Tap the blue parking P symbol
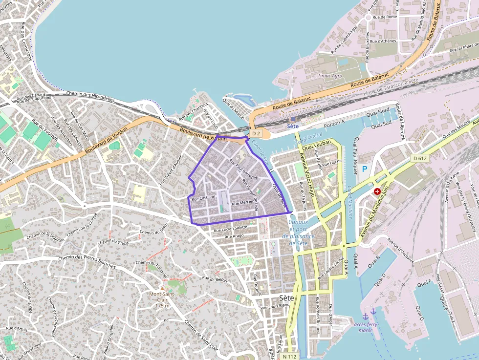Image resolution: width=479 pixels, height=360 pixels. (x=364, y=169)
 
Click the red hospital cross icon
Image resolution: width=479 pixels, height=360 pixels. (x=377, y=191)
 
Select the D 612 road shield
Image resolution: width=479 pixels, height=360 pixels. (x=419, y=158)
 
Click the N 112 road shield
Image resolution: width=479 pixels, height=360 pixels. (x=290, y=356)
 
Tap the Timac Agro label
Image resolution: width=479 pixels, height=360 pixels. (x=330, y=76)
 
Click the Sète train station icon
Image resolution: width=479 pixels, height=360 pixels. (x=292, y=118)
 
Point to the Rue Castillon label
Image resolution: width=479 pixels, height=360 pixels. (x=203, y=197)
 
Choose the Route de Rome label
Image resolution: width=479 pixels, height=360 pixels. (x=385, y=17)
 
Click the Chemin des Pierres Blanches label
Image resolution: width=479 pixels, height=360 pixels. (x=87, y=262)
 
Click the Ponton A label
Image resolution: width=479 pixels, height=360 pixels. (x=334, y=123)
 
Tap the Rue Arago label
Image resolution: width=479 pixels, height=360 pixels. (x=234, y=236)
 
